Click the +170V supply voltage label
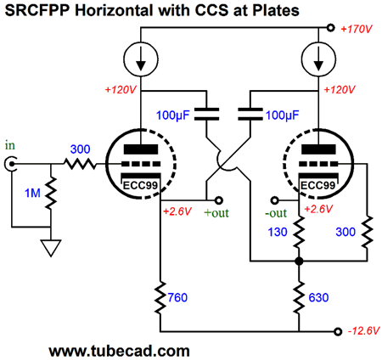[x=357, y=29]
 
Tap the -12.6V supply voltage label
[x=364, y=330]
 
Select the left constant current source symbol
[x=141, y=59]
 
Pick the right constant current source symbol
[x=318, y=59]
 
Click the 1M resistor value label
[x=32, y=193]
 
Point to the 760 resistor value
[x=177, y=297]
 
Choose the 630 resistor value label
[x=318, y=297]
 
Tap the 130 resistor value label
[x=278, y=232]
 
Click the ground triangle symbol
[x=51, y=248]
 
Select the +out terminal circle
[x=219, y=200]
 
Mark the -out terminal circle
[x=275, y=200]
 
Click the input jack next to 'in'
[x=11, y=164]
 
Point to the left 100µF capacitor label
[x=172, y=115]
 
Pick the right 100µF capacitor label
[x=282, y=115]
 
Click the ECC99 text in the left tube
[x=140, y=186]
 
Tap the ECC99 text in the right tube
[x=318, y=186]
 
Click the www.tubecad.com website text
[x=119, y=351]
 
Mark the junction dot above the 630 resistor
[x=299, y=261]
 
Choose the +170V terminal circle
[x=330, y=28]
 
